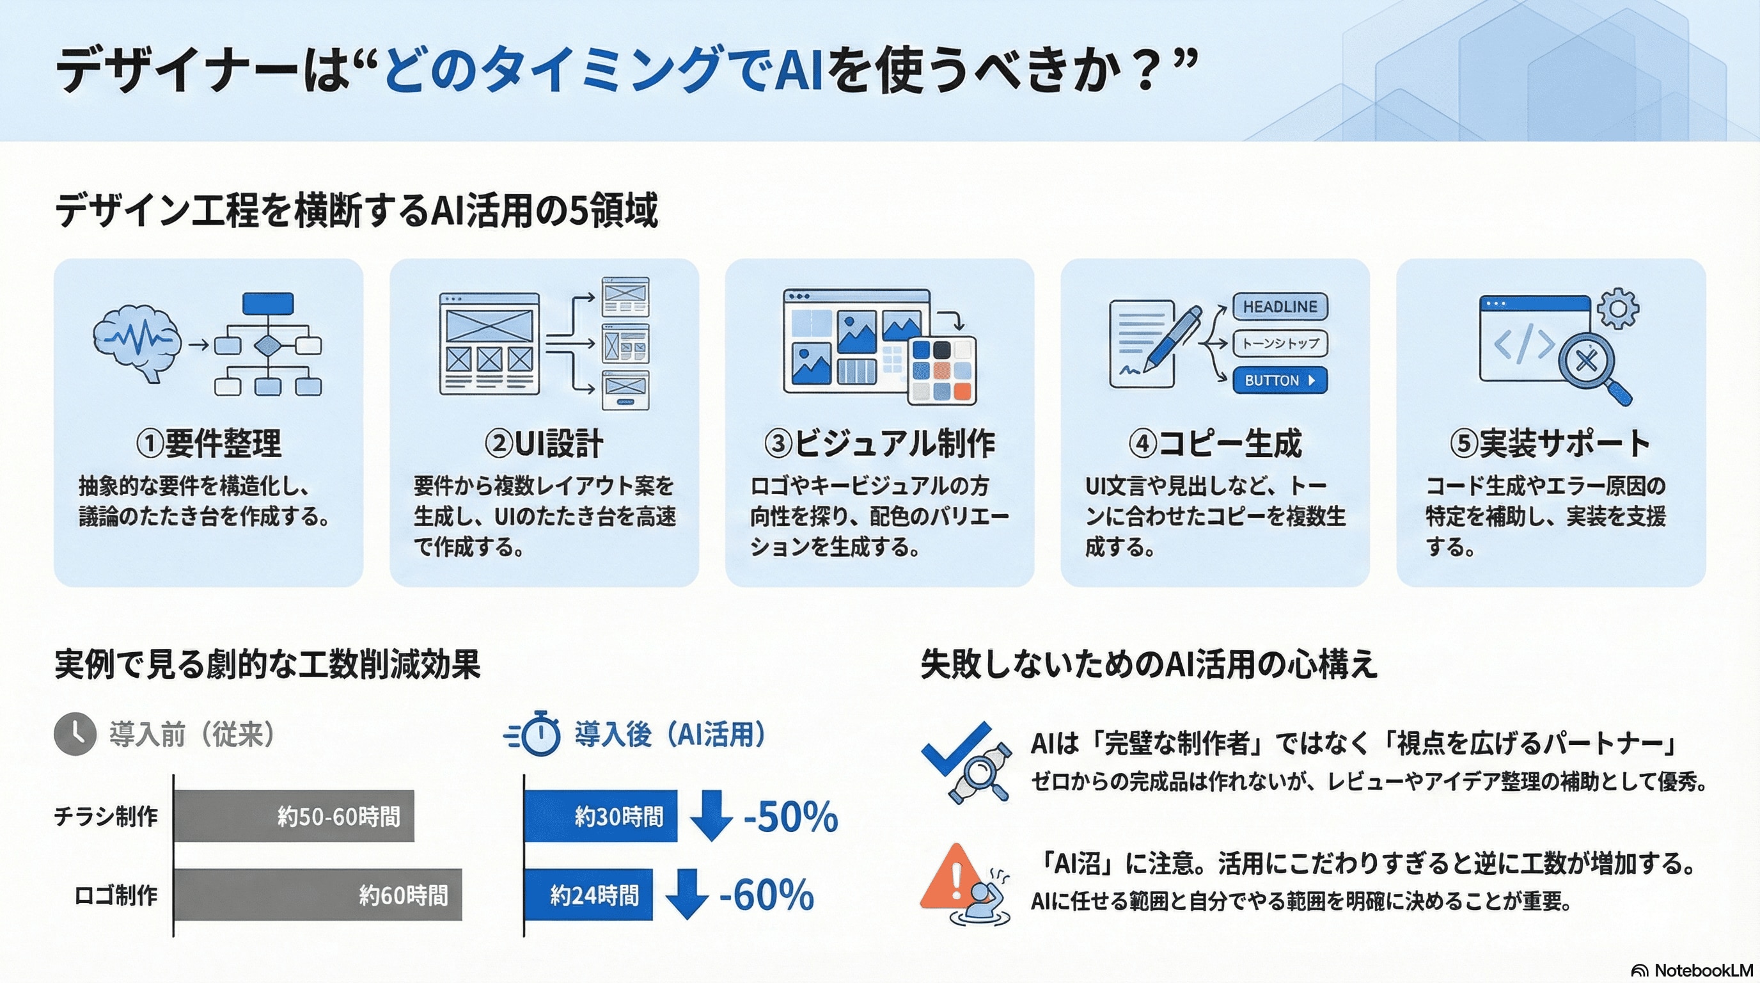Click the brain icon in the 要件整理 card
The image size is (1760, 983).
pos(137,343)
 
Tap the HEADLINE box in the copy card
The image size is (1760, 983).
pos(1280,307)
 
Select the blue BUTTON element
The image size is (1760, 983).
pos(1280,380)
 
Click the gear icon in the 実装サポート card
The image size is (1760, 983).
pos(1618,308)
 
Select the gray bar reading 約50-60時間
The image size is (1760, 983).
pos(294,815)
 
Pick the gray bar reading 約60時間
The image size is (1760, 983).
pos(318,894)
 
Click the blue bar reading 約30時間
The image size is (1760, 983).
pos(601,815)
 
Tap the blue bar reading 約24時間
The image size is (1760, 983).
pos(588,894)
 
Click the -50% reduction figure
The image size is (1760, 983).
pos(790,816)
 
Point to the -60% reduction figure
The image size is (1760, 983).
pos(767,895)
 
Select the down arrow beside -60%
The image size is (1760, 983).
pos(686,894)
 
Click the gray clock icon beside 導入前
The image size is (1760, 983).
pos(75,734)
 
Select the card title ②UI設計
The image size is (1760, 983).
pos(544,443)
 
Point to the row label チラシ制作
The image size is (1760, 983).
pos(106,816)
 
